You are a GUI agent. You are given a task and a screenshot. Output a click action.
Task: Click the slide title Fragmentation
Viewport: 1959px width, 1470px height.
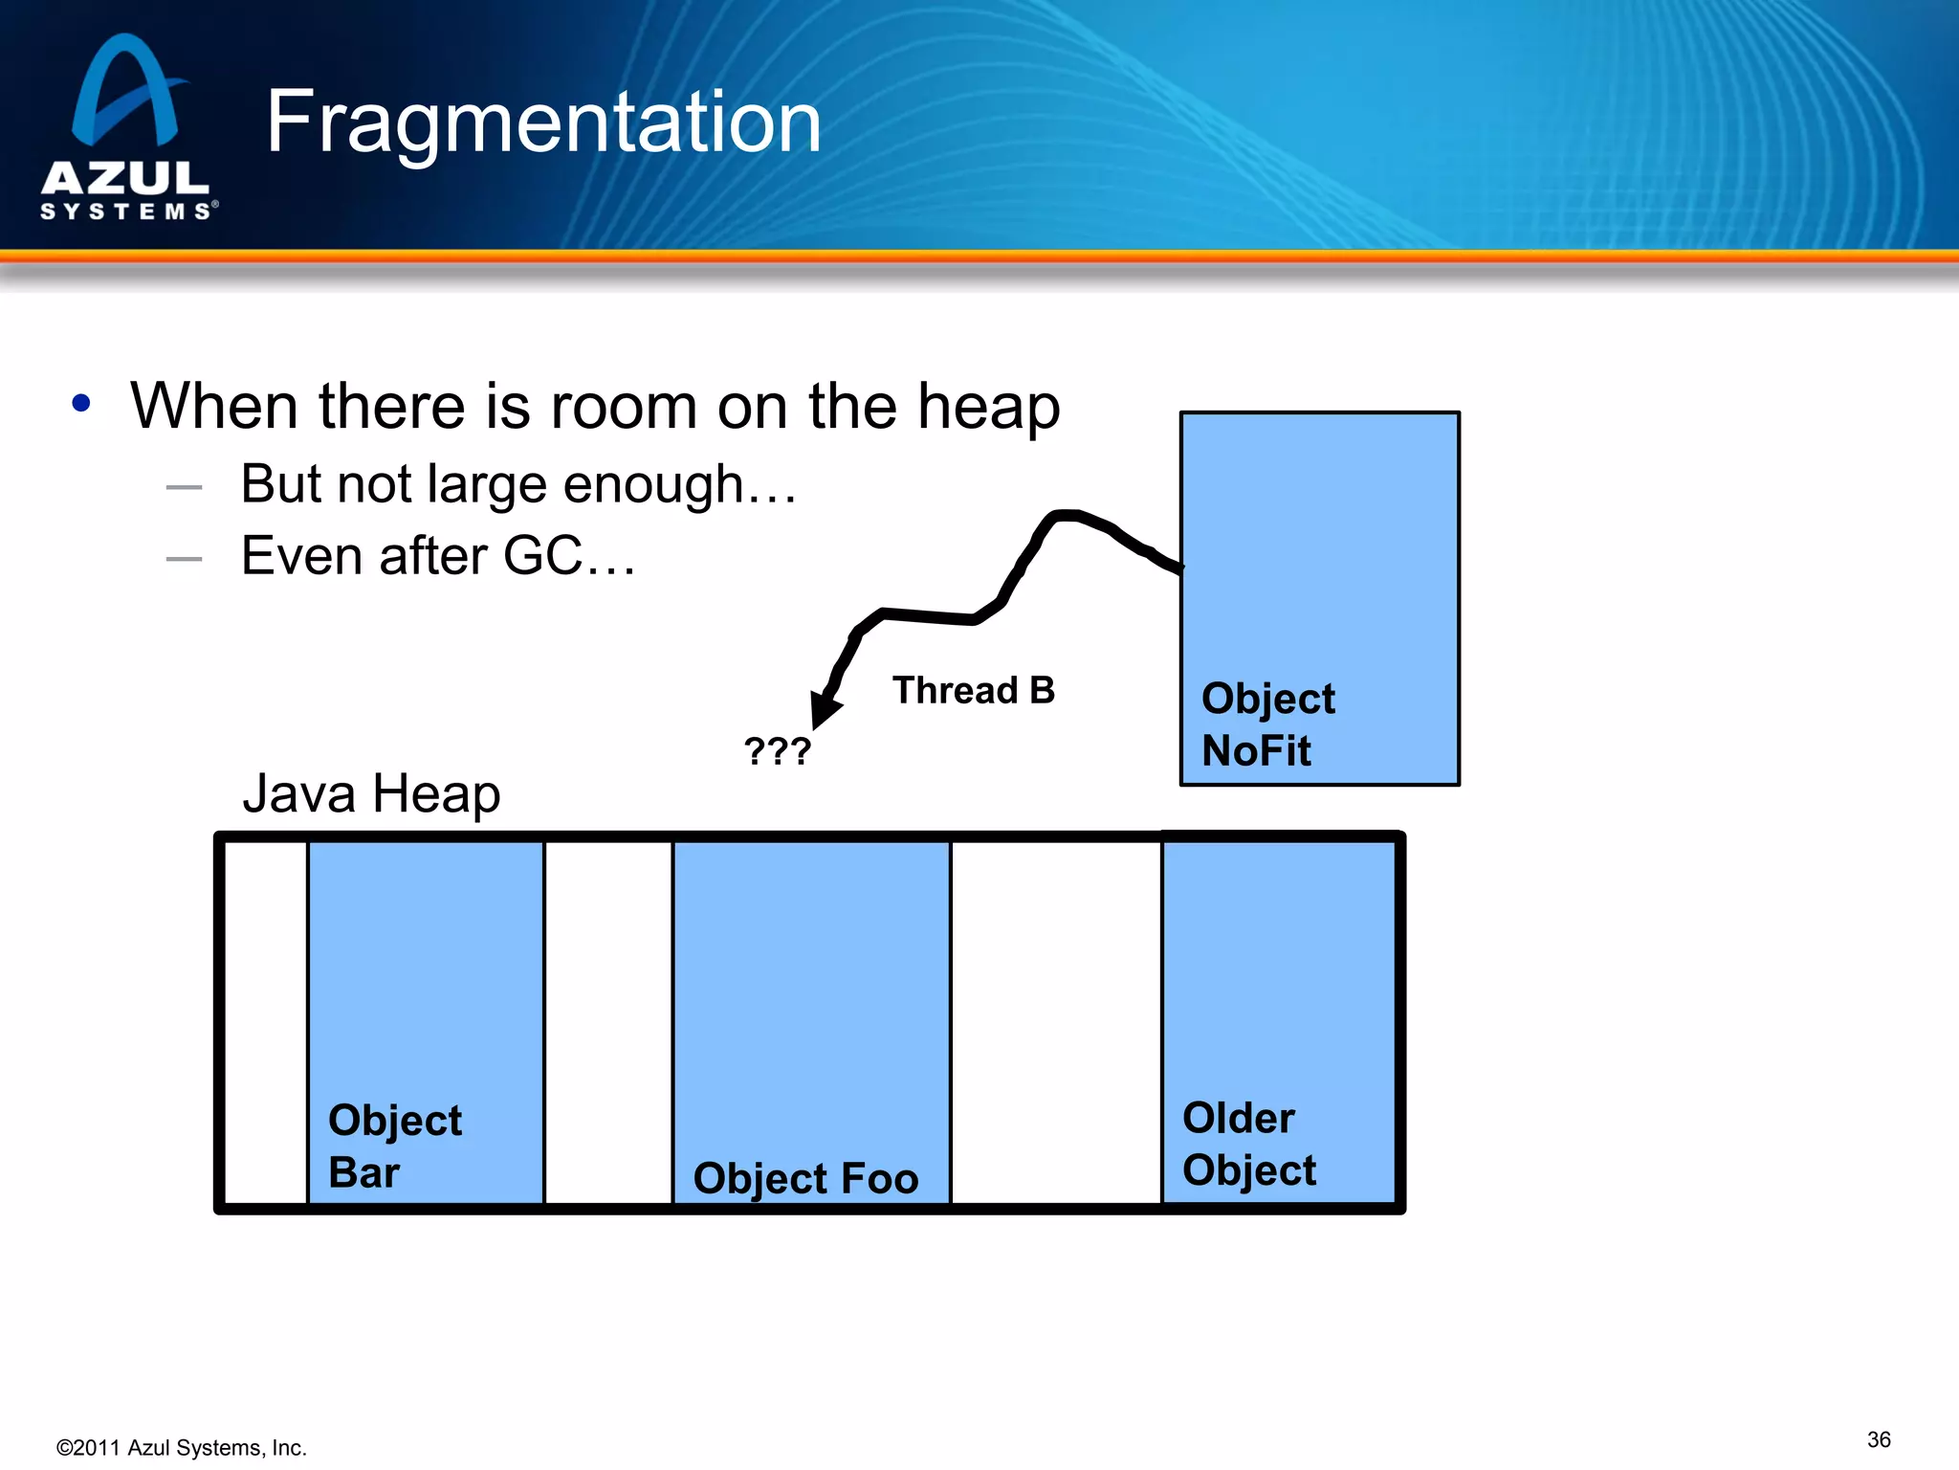(x=543, y=122)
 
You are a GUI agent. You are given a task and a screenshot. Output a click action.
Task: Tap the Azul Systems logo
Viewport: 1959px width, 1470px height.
(x=127, y=129)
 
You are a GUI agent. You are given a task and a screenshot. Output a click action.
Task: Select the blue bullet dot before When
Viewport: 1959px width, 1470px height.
(x=81, y=403)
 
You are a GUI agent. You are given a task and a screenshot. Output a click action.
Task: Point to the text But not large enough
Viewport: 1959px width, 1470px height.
(x=517, y=484)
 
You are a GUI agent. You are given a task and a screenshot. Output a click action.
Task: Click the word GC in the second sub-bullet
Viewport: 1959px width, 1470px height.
(x=542, y=556)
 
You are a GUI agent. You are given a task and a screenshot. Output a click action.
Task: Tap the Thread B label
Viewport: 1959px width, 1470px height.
(x=973, y=690)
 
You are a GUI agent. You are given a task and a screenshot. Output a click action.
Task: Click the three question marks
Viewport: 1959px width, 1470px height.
(x=777, y=751)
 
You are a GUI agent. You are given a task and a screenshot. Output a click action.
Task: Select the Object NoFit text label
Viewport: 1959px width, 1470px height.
(x=1266, y=724)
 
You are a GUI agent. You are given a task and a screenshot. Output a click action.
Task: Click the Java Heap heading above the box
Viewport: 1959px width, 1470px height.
(x=371, y=794)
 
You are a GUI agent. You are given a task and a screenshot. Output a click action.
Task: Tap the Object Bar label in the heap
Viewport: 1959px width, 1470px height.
(x=394, y=1146)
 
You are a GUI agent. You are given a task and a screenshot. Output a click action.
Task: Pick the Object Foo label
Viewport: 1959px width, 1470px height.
(x=805, y=1178)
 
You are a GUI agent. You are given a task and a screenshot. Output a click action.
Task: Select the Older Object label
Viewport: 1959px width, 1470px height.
(x=1248, y=1144)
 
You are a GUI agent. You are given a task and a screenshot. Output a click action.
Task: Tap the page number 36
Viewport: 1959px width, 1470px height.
(x=1878, y=1439)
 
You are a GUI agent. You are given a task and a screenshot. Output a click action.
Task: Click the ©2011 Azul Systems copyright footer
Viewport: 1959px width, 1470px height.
(x=182, y=1448)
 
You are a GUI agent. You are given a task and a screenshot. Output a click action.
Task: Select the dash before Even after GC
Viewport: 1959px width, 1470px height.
(x=184, y=559)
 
